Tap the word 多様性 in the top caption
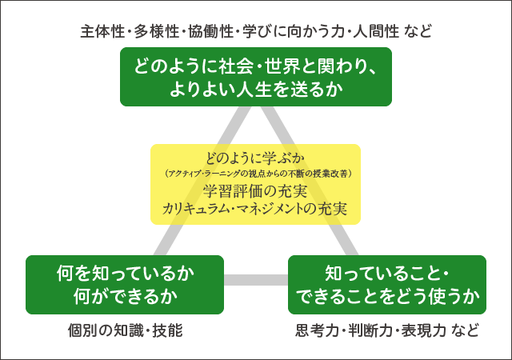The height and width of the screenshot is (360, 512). tap(152, 33)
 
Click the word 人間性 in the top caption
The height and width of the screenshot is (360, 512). tap(369, 33)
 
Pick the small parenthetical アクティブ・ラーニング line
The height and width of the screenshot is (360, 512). tap(256, 172)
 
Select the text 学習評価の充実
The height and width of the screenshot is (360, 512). tap(256, 190)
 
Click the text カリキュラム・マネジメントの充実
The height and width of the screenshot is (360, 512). tap(256, 210)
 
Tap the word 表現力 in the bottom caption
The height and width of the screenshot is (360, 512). tap(422, 330)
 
